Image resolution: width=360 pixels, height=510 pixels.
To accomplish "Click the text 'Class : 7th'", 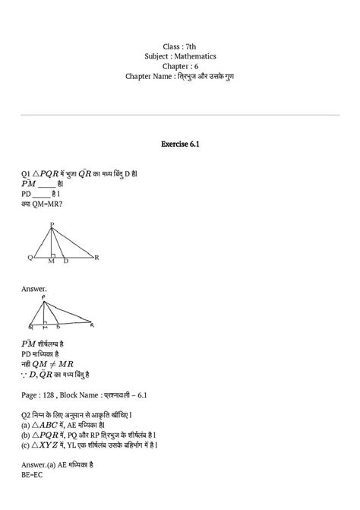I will coord(179,46).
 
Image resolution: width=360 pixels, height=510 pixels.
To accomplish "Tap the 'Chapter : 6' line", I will coord(179,66).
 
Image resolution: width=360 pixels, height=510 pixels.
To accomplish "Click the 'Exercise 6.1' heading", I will coord(179,142).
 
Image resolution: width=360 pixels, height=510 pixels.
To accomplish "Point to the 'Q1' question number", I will coord(27,173).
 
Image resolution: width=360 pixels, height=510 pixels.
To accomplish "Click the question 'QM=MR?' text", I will coord(47,203).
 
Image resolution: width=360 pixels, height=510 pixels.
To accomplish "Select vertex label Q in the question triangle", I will coord(30,258).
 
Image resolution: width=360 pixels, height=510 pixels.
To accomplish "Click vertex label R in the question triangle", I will coord(96,258).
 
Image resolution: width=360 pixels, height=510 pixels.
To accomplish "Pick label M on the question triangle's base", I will coord(51,262).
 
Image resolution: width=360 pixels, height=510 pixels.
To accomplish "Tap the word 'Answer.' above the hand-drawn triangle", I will coord(35,289).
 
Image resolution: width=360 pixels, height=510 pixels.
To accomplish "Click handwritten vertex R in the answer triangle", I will coord(92,325).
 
